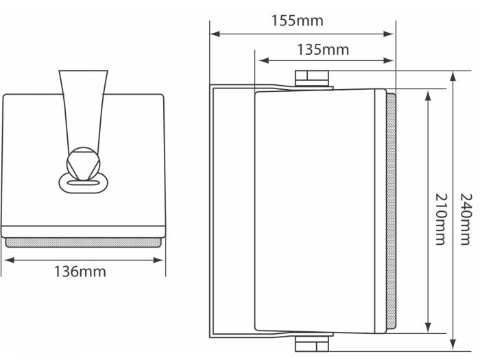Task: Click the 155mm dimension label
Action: point(297,20)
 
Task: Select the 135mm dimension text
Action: point(323,49)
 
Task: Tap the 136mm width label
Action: point(80,272)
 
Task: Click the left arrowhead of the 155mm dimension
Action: point(215,33)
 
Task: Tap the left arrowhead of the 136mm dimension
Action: point(6,260)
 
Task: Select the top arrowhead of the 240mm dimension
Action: point(453,75)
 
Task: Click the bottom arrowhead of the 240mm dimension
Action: point(453,346)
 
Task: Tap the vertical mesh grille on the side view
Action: point(391,211)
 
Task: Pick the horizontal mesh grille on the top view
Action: point(84,242)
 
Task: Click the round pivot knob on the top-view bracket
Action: point(82,163)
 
